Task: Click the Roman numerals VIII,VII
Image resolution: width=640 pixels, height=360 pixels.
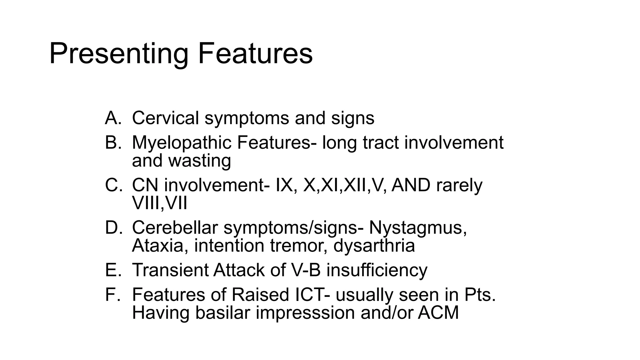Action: coord(159,203)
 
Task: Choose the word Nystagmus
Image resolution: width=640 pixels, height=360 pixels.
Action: coord(418,227)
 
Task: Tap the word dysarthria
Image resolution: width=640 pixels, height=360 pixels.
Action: coord(374,246)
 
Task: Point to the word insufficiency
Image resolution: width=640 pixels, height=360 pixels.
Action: coord(377,270)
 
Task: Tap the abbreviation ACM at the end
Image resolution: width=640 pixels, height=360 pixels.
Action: coord(438,312)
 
